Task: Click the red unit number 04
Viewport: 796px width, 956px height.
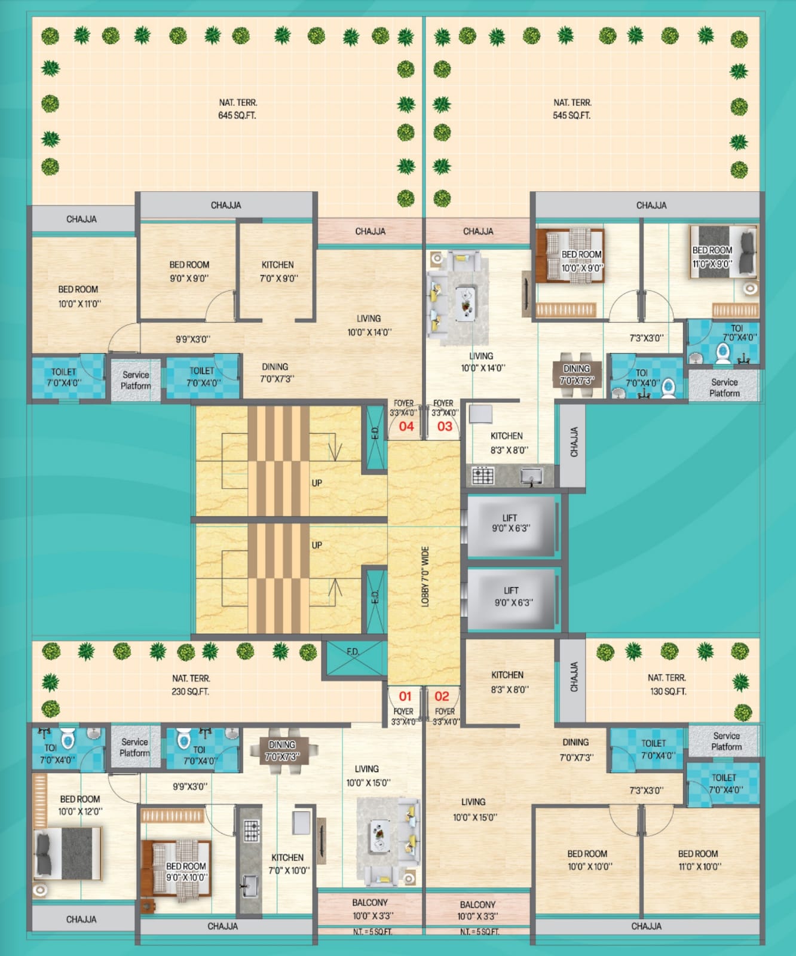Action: [x=406, y=426]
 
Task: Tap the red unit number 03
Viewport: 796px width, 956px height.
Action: [x=445, y=426]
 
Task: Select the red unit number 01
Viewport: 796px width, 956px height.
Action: [x=405, y=696]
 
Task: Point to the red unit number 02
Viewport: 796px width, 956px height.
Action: [x=442, y=696]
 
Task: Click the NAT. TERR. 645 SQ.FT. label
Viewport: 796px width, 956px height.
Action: [x=237, y=109]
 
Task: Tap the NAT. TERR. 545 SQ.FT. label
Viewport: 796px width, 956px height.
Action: [x=572, y=109]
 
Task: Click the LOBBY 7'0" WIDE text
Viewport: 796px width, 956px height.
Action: [x=425, y=577]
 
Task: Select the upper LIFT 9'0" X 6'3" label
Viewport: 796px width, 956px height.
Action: [x=510, y=523]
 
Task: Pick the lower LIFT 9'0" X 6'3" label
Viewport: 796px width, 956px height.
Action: [x=512, y=596]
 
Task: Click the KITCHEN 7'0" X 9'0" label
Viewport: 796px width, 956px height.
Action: [x=278, y=271]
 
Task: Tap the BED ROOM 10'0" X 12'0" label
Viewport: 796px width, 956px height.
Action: [x=80, y=805]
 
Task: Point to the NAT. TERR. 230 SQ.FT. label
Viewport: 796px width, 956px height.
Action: [x=191, y=685]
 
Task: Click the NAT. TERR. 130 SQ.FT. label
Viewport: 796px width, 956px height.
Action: [x=667, y=684]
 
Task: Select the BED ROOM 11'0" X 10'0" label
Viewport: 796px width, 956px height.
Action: [x=699, y=860]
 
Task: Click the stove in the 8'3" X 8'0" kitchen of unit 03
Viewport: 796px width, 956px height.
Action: [x=483, y=476]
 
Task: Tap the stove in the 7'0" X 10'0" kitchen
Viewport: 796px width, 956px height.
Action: [x=252, y=830]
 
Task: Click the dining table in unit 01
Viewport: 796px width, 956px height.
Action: [x=282, y=750]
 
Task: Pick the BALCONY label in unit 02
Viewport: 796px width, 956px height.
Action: [x=477, y=905]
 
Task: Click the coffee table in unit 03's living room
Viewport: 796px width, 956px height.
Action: [x=465, y=304]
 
